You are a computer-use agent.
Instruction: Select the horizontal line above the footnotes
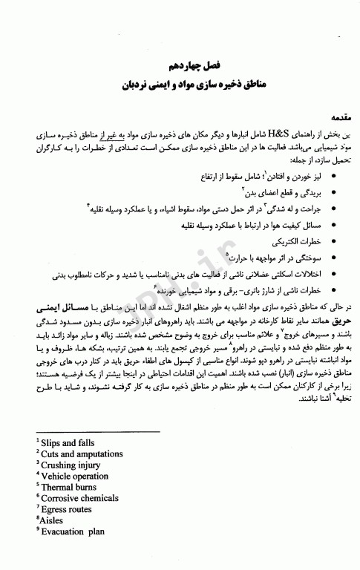[x=97, y=432]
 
